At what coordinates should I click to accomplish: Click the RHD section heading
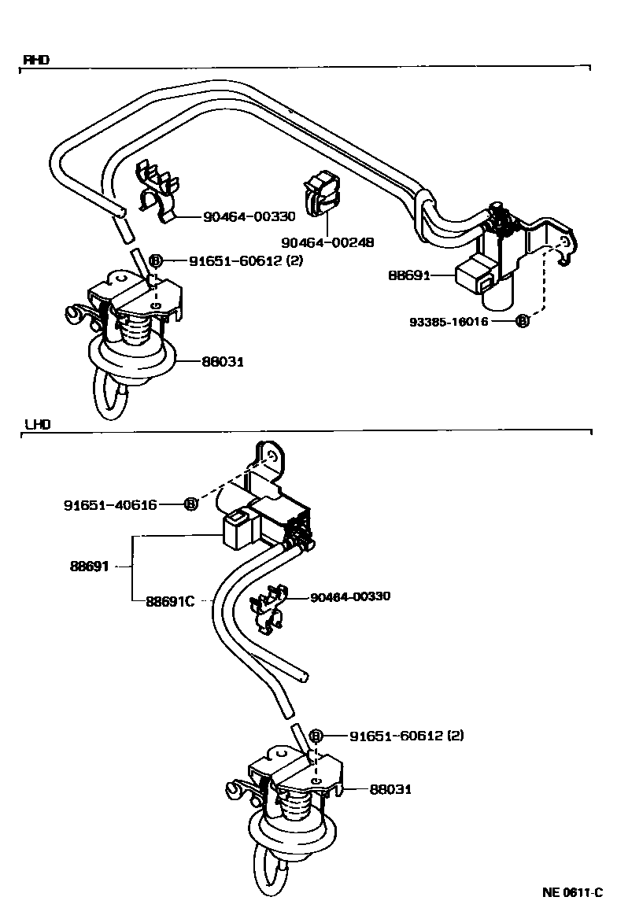35,60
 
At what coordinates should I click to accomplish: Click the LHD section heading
36,423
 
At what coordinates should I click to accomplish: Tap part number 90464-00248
327,243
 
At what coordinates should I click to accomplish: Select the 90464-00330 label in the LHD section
350,596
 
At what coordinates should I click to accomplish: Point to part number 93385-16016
449,322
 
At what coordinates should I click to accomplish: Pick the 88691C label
169,602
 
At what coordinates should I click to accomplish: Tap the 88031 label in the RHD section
223,361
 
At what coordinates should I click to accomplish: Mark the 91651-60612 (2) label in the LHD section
406,736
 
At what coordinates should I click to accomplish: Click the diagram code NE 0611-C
572,892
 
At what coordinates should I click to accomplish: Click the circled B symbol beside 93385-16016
520,321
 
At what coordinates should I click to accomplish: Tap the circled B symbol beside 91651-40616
190,505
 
